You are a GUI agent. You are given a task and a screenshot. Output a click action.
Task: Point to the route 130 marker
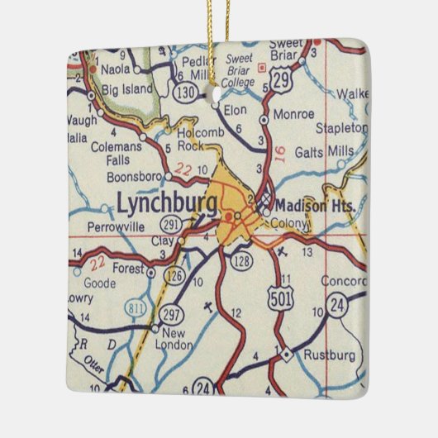click(x=185, y=92)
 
